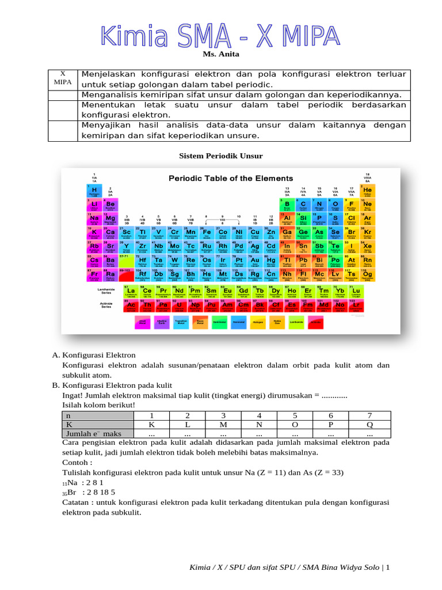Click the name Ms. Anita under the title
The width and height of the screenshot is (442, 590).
[x=220, y=54]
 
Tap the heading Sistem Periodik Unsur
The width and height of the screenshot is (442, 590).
[x=220, y=156]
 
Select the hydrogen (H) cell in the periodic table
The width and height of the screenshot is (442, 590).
[x=94, y=191]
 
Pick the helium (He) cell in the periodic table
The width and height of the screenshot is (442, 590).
[x=367, y=191]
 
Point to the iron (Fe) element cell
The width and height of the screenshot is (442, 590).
[x=207, y=233]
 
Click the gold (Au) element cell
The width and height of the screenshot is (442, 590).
[x=254, y=262]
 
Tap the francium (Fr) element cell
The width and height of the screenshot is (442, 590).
[x=94, y=275]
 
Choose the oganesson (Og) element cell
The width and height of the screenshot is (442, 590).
[x=367, y=275]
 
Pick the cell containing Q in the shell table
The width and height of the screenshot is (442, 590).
[x=369, y=425]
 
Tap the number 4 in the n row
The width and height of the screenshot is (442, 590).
[x=258, y=416]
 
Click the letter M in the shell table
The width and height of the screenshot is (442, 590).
[x=223, y=425]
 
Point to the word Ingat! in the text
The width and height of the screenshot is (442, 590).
[x=73, y=395]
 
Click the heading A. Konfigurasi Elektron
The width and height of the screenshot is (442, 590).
[x=94, y=355]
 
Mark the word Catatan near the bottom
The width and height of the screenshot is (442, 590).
[x=77, y=502]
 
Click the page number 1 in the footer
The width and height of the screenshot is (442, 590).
[x=388, y=568]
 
